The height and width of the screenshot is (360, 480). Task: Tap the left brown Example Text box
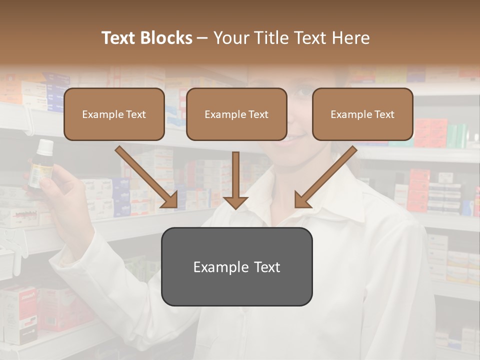[114, 114]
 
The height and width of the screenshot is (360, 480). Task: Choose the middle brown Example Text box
[236, 114]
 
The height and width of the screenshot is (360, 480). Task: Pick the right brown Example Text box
[362, 114]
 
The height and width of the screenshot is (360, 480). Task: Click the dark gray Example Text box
[236, 266]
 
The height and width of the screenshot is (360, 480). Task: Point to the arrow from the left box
[146, 177]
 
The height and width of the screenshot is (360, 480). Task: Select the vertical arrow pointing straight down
[235, 180]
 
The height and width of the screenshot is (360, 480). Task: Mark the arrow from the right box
[325, 177]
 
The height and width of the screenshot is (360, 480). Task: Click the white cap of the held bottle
[45, 146]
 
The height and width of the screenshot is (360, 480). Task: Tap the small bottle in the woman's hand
[40, 167]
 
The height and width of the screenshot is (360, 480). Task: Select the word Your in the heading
[229, 38]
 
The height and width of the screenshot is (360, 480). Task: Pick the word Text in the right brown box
[384, 114]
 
